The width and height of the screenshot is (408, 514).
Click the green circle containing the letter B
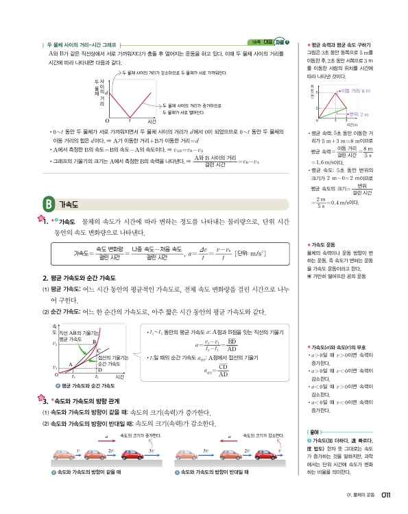tap(47, 204)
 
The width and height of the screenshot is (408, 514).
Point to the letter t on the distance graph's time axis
tap(130, 121)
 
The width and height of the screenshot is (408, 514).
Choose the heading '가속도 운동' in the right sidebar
tap(325, 244)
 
